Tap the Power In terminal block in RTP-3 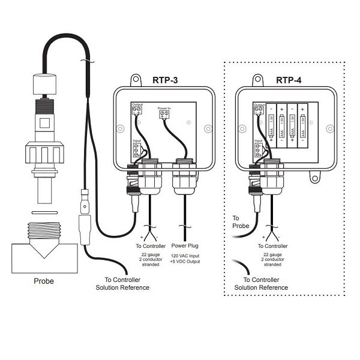pos(164,116)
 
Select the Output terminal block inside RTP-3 pos(137,109)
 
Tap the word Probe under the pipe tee pos(43,281)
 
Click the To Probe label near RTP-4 pos(240,222)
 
